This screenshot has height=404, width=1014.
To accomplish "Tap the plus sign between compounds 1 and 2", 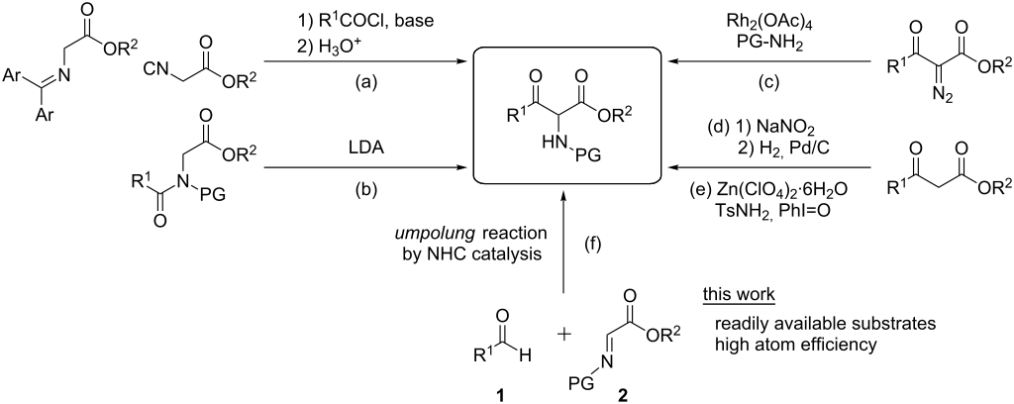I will tap(565, 334).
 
